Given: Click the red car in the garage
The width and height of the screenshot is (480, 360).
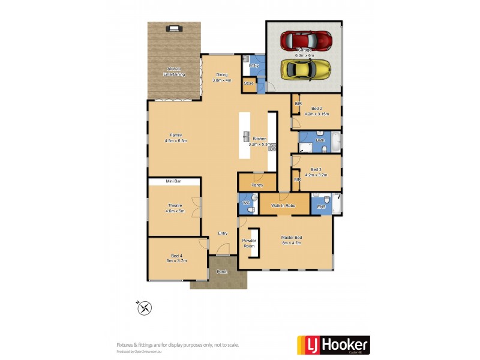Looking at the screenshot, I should [x=306, y=41].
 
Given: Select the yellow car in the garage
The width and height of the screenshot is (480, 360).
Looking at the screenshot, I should [x=306, y=70].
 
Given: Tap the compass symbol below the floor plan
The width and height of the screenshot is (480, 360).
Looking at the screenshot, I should [x=145, y=308].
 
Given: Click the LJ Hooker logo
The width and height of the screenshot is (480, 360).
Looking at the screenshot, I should [x=334, y=345].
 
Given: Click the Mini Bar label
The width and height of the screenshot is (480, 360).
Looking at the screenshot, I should [x=174, y=181].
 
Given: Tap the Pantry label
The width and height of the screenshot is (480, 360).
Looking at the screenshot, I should [x=257, y=185].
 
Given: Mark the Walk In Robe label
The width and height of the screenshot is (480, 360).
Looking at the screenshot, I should [x=282, y=206].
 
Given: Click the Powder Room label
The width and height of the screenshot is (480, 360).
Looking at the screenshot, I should [x=249, y=243].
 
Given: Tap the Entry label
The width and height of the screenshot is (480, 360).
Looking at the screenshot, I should [x=223, y=233].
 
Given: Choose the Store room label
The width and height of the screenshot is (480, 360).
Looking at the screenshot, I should [x=249, y=83].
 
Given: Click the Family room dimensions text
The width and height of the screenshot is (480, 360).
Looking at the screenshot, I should [x=176, y=141].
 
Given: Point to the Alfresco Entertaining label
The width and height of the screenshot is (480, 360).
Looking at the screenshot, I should [x=175, y=72].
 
